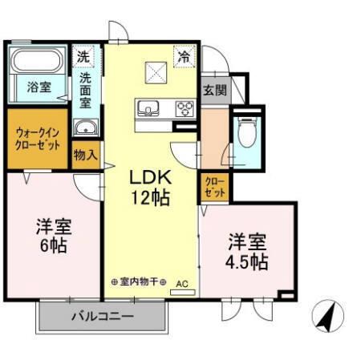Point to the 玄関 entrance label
pos(213,90)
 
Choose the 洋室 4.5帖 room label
pos(245,251)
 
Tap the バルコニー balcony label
pos(101,316)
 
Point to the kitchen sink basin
pos(149,108)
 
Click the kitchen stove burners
pos(185,108)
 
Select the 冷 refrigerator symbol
pos(185,57)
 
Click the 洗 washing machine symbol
pos(83,56)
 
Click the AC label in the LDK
pos(181,283)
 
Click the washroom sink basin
pos(85,128)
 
